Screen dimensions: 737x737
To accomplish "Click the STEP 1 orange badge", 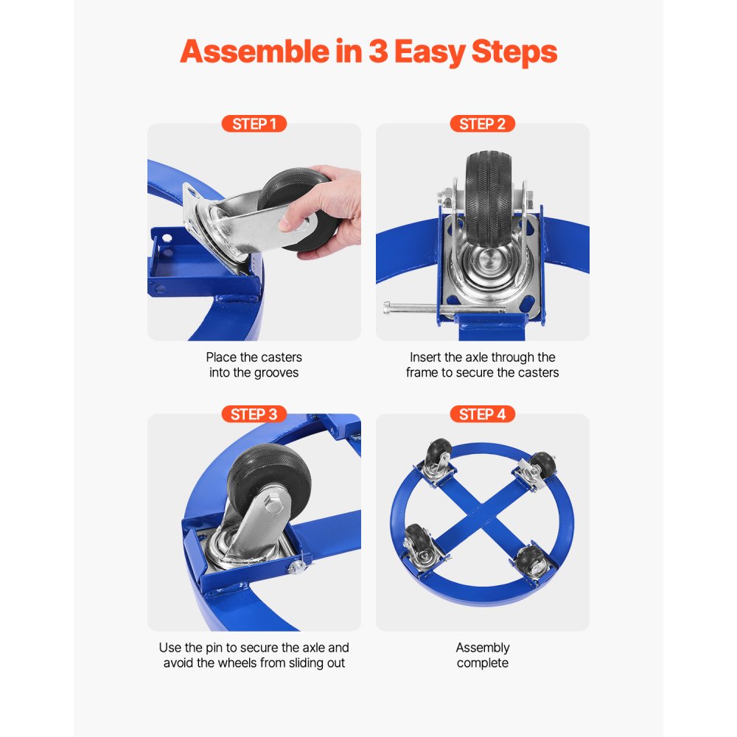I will click(x=254, y=124).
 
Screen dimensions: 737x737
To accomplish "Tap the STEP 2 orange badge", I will click(x=482, y=124).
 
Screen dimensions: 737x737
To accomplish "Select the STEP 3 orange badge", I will click(x=254, y=414).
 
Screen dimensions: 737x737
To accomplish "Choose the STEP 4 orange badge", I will click(x=482, y=414).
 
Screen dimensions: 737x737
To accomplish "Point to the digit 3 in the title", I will click(x=377, y=52).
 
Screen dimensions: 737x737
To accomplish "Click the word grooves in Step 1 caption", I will click(x=276, y=373).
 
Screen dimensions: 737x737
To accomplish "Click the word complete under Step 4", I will click(x=483, y=663).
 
